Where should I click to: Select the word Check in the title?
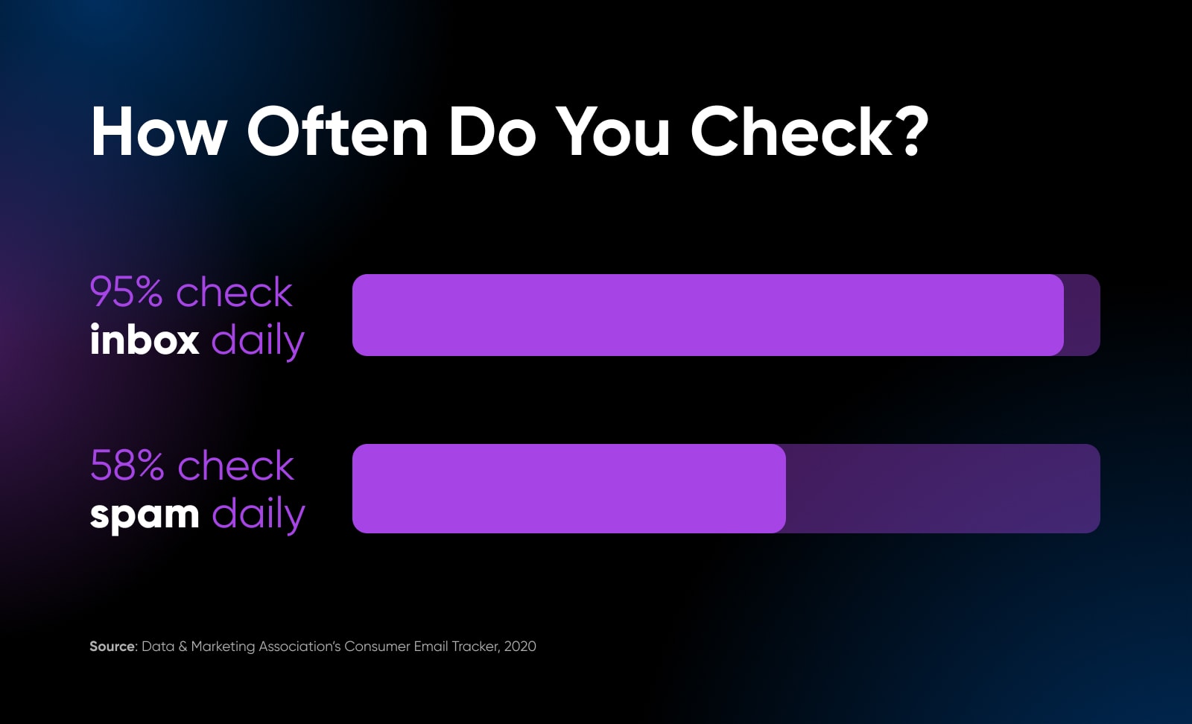(x=791, y=131)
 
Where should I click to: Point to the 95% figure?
(x=126, y=292)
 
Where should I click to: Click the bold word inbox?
(x=145, y=339)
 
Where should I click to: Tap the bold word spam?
(x=145, y=515)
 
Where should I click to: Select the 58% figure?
(x=127, y=466)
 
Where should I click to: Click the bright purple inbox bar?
(x=708, y=315)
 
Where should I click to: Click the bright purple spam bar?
(x=569, y=489)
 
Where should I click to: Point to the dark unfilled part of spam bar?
(x=943, y=489)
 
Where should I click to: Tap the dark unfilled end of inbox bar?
(x=1082, y=315)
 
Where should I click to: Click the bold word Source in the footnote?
(x=112, y=647)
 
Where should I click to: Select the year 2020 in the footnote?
(x=520, y=647)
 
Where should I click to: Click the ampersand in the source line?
(x=183, y=647)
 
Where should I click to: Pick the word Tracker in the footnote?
(x=476, y=647)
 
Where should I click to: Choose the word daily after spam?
(x=259, y=515)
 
